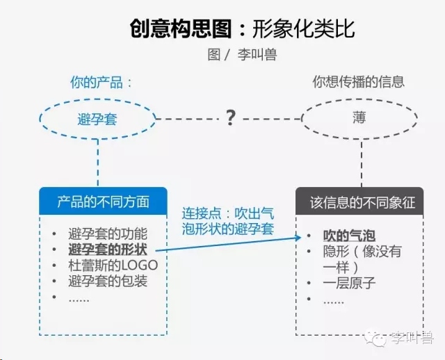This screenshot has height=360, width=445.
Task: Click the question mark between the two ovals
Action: [230, 118]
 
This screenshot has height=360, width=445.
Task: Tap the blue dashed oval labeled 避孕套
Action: [97, 99]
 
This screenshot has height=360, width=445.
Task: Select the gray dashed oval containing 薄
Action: [359, 99]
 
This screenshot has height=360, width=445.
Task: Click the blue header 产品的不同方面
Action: [103, 201]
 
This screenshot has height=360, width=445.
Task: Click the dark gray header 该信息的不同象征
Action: [359, 201]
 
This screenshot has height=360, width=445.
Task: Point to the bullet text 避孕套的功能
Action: [108, 234]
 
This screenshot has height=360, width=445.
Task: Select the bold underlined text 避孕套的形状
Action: [108, 249]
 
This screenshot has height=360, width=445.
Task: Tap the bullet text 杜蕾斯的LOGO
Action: [113, 265]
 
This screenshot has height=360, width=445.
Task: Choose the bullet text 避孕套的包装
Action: [108, 281]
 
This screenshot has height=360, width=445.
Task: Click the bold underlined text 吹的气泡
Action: [349, 236]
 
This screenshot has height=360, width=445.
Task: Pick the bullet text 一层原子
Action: [349, 283]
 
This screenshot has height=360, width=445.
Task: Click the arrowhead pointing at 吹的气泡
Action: [298, 237]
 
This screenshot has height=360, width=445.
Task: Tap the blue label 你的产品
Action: [97, 83]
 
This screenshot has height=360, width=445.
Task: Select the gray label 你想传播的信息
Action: [359, 82]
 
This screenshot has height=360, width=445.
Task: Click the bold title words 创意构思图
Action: [181, 28]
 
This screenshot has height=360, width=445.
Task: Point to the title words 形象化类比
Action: [304, 28]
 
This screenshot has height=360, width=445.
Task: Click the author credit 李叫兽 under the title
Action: [257, 54]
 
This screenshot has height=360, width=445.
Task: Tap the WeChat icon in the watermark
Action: [375, 338]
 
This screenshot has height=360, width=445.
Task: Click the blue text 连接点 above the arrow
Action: [202, 213]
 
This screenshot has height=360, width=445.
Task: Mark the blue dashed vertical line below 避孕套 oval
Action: [98, 163]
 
